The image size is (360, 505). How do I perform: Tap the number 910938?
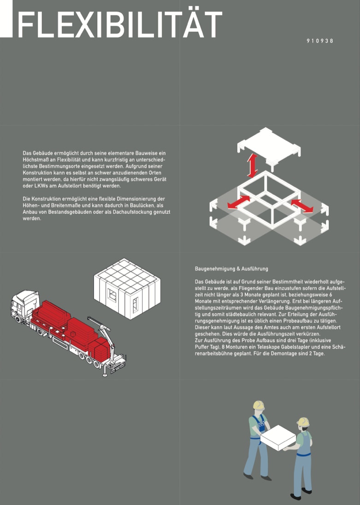pos(320,41)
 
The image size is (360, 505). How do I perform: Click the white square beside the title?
pos(6,19)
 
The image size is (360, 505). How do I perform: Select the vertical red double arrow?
pos(252,165)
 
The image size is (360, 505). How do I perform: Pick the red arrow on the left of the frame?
pos(238,202)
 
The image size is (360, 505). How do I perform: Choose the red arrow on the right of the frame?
pos(301,206)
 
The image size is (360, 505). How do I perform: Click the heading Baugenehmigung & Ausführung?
pos(231,269)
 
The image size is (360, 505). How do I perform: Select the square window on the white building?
pos(112,295)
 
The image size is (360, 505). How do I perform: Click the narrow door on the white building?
pos(135,305)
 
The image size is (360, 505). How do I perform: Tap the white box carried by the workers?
pos(278,437)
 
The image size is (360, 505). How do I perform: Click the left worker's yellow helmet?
pos(259,405)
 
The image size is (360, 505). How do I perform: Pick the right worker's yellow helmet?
pos(303,422)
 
